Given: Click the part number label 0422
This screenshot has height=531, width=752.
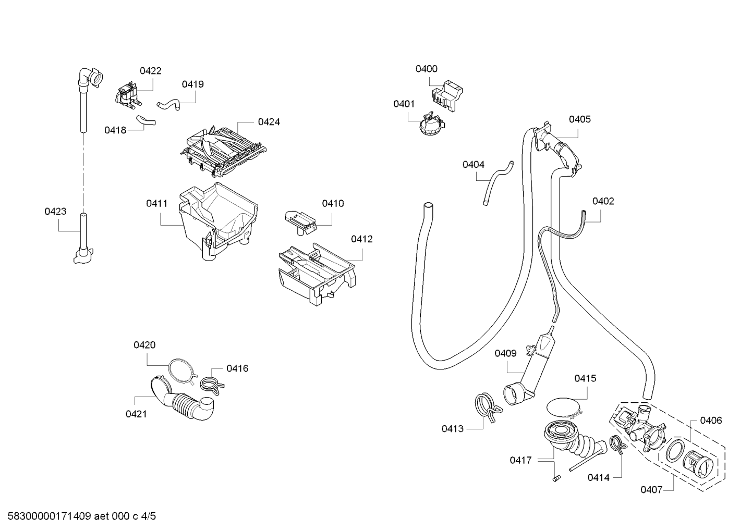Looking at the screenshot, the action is click(x=150, y=71).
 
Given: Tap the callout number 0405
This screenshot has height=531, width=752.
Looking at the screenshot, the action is click(x=580, y=119).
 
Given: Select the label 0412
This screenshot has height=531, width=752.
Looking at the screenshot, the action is click(x=362, y=239).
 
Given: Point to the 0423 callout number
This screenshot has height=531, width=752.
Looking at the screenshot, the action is click(x=55, y=212).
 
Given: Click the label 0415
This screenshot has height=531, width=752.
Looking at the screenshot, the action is click(x=585, y=378).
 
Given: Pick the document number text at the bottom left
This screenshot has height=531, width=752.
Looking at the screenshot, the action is click(x=82, y=516).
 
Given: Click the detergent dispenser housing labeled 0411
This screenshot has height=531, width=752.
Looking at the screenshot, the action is click(x=218, y=221).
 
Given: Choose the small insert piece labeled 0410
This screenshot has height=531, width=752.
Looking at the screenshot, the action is click(x=300, y=223).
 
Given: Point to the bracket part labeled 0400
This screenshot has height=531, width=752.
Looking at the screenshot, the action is click(x=446, y=95).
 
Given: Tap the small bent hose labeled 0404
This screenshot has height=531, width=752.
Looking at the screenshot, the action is click(x=498, y=183).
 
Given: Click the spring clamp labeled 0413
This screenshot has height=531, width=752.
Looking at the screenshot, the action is click(x=488, y=407).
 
